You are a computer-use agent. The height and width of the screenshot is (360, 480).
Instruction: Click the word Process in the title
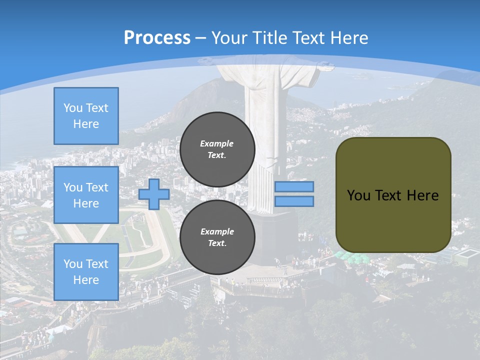point(157,38)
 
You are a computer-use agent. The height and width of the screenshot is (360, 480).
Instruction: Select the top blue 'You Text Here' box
point(86,116)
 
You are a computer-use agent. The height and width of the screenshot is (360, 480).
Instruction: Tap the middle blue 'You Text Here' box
point(86,195)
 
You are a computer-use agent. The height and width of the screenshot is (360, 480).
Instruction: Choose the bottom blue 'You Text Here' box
point(86,271)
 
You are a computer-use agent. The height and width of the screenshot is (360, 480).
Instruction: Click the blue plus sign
point(154,194)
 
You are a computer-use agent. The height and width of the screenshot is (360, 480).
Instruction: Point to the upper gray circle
point(217,149)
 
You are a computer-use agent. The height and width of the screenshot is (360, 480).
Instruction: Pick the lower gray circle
point(217,237)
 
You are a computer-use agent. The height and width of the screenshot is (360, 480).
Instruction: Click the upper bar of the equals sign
point(294,186)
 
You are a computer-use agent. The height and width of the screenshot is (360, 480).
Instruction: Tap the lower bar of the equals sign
point(294,201)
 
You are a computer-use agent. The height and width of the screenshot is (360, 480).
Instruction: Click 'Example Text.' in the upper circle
point(217,149)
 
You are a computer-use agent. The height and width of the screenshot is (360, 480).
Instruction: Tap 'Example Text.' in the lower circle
point(217,237)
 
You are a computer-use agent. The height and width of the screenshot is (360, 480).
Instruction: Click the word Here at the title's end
point(349,38)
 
